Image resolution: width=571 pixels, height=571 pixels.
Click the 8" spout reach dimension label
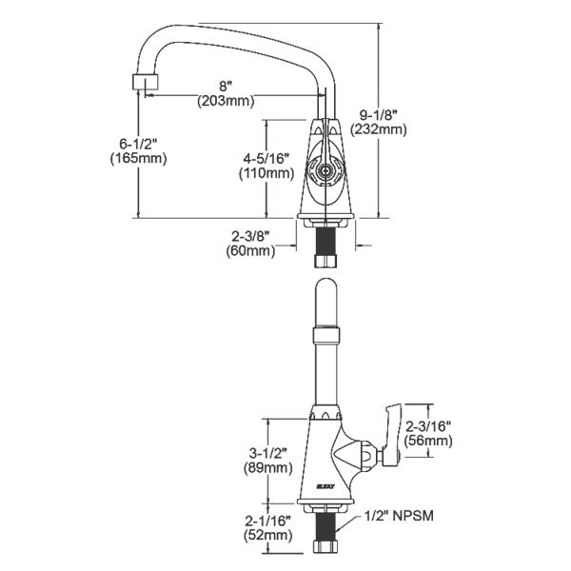coord(226,87)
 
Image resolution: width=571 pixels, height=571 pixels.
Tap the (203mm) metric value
coord(226,101)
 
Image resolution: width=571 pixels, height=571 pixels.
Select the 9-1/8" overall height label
coord(378,115)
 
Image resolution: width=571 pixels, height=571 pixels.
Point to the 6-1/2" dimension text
coord(138,144)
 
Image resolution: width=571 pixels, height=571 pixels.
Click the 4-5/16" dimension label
coord(266,158)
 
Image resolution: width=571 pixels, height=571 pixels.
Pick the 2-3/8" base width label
coord(250,237)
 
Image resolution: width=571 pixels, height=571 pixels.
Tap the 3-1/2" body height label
coord(268,453)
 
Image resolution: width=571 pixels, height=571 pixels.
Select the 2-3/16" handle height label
coord(428,425)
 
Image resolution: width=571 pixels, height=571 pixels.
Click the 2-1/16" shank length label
coord(267,522)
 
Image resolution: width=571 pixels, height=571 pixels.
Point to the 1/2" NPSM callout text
coord(400,515)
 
